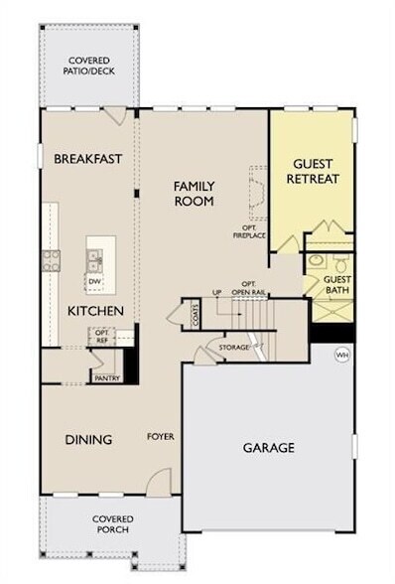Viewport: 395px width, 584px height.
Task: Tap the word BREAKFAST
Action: tap(87, 158)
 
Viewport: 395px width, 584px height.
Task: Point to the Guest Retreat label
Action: tap(313, 171)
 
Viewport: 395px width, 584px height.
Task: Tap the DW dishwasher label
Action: tap(95, 282)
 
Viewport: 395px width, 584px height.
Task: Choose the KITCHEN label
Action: tap(95, 311)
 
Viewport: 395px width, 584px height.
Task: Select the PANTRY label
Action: tap(106, 377)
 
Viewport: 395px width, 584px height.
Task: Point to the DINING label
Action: tap(88, 440)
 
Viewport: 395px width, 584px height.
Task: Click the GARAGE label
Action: tap(268, 448)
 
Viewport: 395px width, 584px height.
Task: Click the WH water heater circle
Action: tap(342, 354)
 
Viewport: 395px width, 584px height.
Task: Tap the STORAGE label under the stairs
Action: tap(235, 348)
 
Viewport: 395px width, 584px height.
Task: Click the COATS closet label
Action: tap(196, 316)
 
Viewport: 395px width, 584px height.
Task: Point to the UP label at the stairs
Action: tap(216, 292)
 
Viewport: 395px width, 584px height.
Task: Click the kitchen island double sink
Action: tap(95, 260)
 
